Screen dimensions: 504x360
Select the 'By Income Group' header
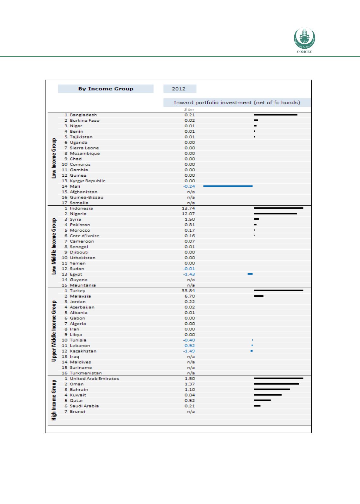(106, 89)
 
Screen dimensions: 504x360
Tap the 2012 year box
(180, 89)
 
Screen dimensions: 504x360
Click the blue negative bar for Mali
(228, 186)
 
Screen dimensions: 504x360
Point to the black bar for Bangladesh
(275, 115)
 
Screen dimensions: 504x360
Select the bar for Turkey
(278, 290)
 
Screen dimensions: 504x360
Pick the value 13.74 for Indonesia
(190, 208)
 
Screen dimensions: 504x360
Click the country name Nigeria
(78, 214)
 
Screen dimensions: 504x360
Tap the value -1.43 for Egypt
(189, 274)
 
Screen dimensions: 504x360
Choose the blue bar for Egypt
(250, 274)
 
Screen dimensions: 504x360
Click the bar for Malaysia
(259, 296)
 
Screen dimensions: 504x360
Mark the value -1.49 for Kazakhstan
(189, 351)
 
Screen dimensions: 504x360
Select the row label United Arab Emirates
(94, 379)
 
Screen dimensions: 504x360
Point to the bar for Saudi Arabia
(257, 406)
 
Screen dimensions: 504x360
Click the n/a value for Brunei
(191, 411)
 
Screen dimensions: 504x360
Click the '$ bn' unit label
(189, 109)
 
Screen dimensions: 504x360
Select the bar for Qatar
(262, 400)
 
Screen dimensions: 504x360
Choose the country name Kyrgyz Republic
(87, 181)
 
